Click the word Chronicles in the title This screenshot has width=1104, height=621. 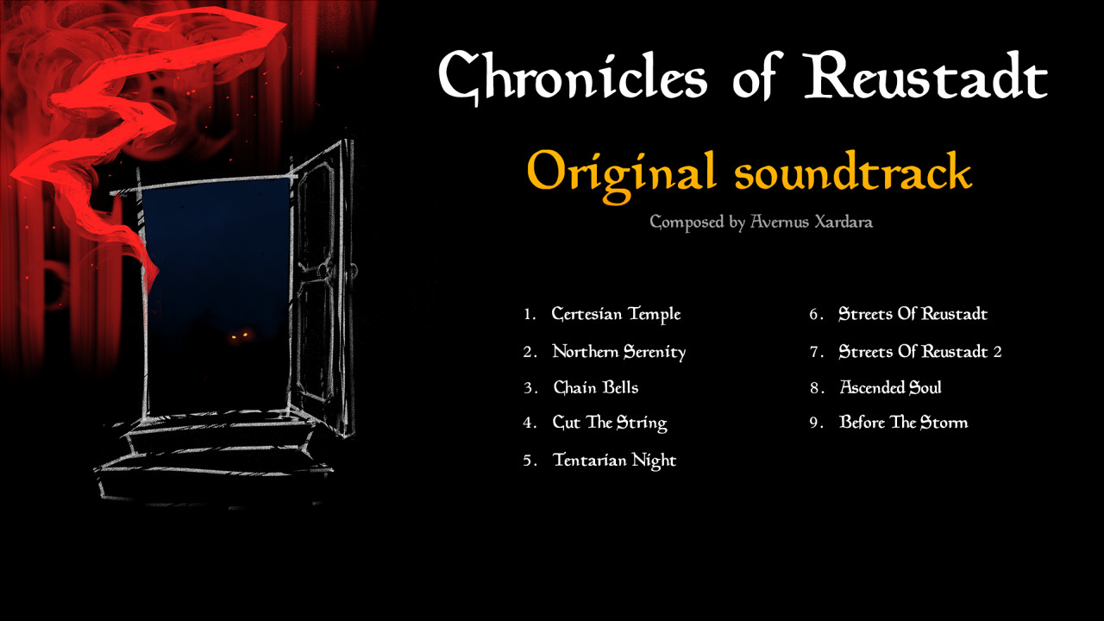tap(573, 78)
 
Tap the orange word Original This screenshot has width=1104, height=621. tap(621, 175)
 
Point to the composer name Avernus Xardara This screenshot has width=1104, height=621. tap(812, 222)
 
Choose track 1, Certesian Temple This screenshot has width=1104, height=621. tap(616, 314)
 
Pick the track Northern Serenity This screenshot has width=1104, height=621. tap(619, 352)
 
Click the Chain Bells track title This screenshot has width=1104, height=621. tap(596, 387)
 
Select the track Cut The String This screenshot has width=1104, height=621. tap(610, 423)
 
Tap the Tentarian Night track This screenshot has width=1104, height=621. tap(615, 461)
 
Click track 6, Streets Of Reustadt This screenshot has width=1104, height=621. tap(913, 313)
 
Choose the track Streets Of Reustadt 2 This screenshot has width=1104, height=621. tap(920, 351)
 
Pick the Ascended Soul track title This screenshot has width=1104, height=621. tap(891, 387)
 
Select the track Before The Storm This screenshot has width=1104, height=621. tap(903, 423)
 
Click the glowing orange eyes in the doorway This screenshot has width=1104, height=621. tap(240, 336)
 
